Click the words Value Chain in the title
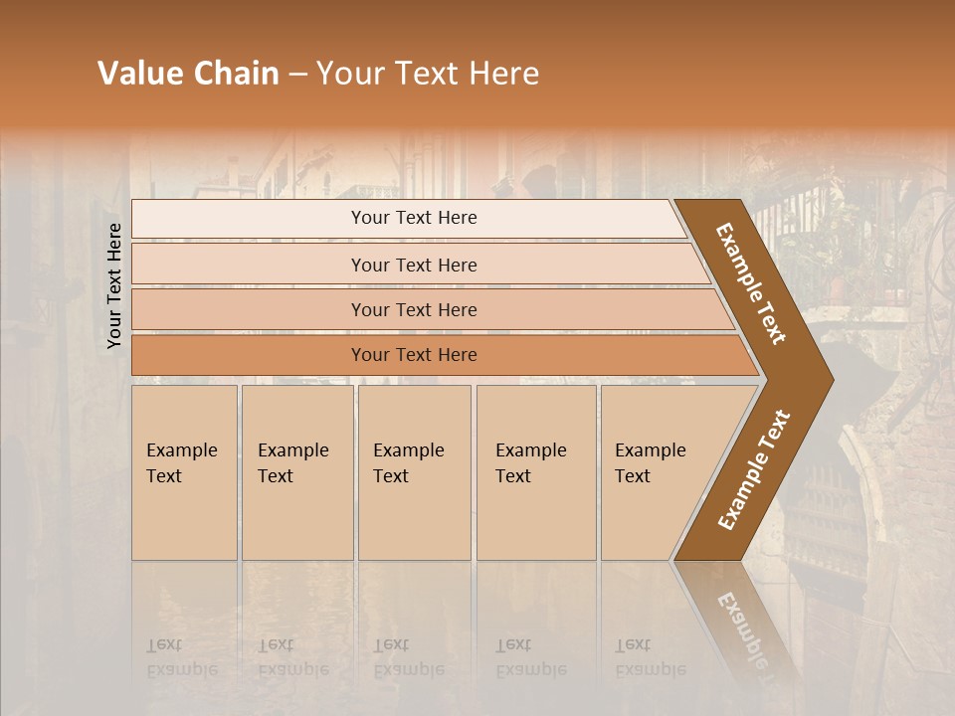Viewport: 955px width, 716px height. tap(188, 74)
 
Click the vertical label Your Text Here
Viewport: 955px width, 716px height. tap(114, 285)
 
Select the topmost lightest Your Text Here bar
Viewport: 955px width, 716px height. tap(413, 218)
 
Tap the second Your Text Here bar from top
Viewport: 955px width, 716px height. tap(413, 265)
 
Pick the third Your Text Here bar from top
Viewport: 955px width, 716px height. tap(413, 309)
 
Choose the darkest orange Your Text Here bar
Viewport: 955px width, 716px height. tap(413, 355)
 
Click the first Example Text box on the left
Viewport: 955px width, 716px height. tap(184, 472)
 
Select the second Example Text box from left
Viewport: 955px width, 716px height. tap(296, 472)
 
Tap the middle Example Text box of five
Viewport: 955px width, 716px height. tap(414, 472)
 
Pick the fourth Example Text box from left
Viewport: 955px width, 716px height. tap(535, 472)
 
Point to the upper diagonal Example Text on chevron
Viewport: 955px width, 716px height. tap(751, 283)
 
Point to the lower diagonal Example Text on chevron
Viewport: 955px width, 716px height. tap(754, 469)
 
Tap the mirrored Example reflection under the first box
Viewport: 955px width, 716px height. tap(181, 668)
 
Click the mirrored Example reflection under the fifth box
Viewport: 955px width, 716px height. tap(650, 668)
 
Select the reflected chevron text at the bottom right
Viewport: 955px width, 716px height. tap(744, 626)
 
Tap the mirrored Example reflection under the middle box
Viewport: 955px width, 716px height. tap(408, 668)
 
